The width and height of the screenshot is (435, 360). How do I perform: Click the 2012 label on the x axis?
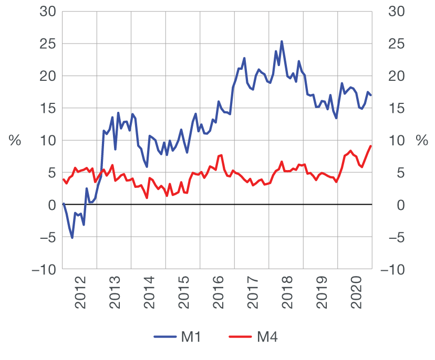click(x=80, y=297)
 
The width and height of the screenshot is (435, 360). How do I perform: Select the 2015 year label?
click(x=183, y=297)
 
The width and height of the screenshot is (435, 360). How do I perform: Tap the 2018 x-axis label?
click(x=287, y=297)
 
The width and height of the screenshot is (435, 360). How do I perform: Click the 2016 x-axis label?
click(x=218, y=297)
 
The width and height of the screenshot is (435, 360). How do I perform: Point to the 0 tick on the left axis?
click(x=51, y=205)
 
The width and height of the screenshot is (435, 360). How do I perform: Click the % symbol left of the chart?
click(x=15, y=141)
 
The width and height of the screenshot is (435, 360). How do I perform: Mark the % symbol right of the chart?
click(x=422, y=141)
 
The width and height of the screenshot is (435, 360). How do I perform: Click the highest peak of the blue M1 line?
click(x=282, y=41)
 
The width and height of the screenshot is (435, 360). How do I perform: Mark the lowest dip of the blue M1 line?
click(x=72, y=238)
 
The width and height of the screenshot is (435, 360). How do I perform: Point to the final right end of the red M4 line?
click(x=371, y=146)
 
